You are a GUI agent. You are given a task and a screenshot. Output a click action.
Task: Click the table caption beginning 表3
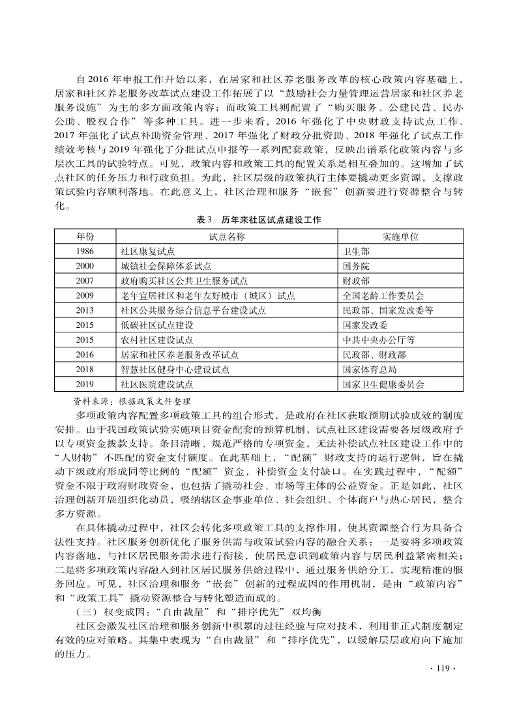click(258, 220)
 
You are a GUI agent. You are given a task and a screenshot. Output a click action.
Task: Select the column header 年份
click(85, 236)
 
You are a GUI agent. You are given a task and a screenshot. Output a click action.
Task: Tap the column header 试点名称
click(226, 236)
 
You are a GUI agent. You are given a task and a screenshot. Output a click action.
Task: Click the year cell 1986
click(85, 251)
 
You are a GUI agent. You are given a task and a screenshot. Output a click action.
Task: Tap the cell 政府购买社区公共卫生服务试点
click(185, 281)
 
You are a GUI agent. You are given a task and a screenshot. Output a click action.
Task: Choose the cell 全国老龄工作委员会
click(383, 296)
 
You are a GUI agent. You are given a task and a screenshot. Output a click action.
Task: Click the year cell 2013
click(85, 310)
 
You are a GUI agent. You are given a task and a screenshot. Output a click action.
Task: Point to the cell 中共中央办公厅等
click(379, 340)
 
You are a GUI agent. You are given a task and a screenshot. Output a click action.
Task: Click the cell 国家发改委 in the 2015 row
click(365, 325)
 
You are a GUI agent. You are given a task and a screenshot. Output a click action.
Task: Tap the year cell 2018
click(85, 370)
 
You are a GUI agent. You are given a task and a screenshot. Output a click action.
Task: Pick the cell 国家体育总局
click(370, 370)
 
